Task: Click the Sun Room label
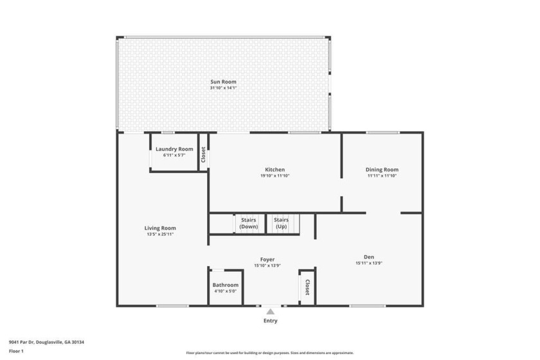point(223,82)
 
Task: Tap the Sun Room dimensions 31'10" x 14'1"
point(223,88)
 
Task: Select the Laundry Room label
point(174,149)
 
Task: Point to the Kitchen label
point(275,170)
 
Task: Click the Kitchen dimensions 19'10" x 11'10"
point(275,175)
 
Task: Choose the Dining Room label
point(382,170)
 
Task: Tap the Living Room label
point(160,228)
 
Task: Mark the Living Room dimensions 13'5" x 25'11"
point(160,234)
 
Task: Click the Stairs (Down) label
point(249,223)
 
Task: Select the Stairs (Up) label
point(282,223)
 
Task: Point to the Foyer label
point(267,260)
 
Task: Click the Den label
point(369,257)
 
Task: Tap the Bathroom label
point(225,285)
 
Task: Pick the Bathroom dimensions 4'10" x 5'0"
point(225,291)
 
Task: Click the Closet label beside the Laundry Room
point(203,155)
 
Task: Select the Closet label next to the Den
point(307,287)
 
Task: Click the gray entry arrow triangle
point(271,311)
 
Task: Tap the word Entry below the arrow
point(271,321)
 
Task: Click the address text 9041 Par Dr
point(21,342)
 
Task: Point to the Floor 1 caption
point(16,352)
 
